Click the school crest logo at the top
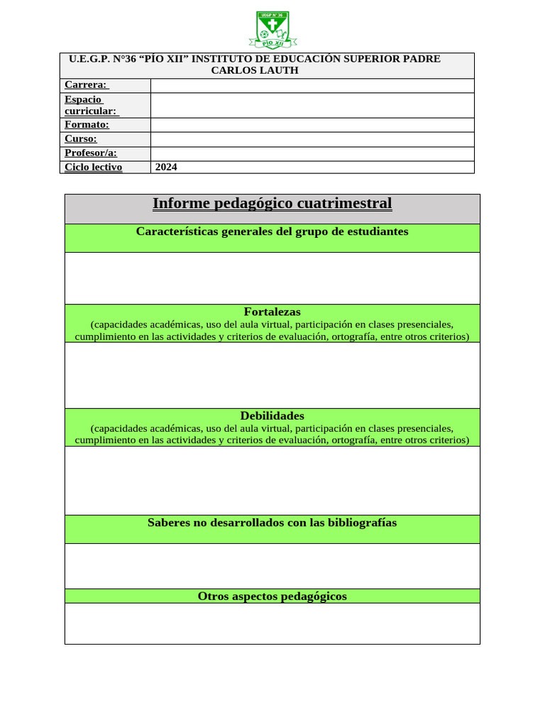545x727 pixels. click(272, 30)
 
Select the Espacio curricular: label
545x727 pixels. click(91, 105)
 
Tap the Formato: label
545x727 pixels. click(87, 125)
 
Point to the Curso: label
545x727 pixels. click(80, 139)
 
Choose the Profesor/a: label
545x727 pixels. click(91, 153)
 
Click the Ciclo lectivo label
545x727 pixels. click(93, 168)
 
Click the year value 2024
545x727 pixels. click(166, 168)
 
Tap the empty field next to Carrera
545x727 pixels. click(312, 85)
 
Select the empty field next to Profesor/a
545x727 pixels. click(312, 153)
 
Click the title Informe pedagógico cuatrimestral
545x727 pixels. click(272, 204)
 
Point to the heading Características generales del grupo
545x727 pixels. click(272, 231)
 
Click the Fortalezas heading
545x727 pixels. click(272, 312)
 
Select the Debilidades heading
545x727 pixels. click(272, 416)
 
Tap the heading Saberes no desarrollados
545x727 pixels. click(272, 523)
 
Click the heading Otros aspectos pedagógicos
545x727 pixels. click(272, 596)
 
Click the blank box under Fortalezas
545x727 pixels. click(272, 375)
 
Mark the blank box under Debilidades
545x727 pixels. click(272, 480)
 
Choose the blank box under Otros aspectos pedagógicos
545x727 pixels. click(272, 623)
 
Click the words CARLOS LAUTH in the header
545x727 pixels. click(255, 70)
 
